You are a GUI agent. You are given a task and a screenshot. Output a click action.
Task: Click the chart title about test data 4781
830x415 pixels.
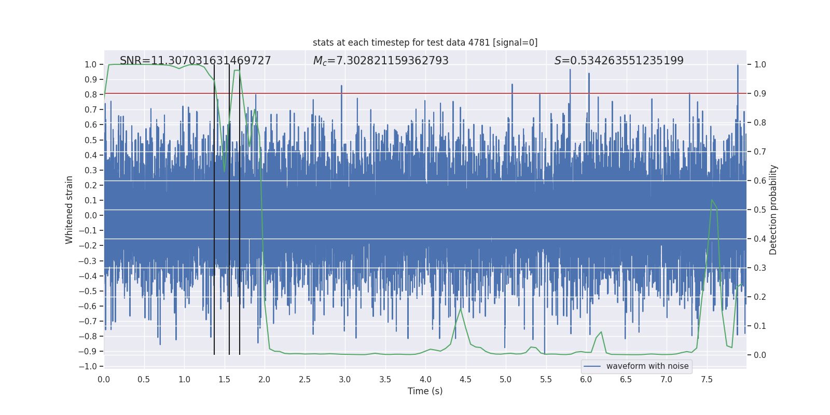coord(425,43)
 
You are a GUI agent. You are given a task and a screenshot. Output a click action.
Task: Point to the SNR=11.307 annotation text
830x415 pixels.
coord(195,61)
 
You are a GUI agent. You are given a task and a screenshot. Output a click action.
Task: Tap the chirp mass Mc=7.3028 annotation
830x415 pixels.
coord(381,61)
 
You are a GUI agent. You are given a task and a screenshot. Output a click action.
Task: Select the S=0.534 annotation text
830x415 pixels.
coord(619,61)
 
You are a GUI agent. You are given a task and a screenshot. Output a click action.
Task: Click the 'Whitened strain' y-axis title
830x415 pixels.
coord(70,210)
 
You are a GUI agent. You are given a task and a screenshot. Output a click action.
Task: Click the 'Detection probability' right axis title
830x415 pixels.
coord(773,210)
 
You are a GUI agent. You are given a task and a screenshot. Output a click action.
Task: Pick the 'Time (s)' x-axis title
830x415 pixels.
coord(425,391)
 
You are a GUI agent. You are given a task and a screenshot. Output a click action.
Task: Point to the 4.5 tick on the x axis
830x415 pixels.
coord(465,379)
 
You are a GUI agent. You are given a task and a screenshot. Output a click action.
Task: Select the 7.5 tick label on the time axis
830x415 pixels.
coord(707,379)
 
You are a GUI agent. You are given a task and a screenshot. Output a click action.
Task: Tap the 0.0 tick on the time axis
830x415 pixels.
coord(104,379)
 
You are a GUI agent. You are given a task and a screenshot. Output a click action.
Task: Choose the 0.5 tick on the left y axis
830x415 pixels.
coord(91,140)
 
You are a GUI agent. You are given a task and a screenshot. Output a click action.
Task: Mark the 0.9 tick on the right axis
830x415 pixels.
coord(760,94)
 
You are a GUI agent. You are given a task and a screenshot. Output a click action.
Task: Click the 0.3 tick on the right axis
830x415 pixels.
coord(760,268)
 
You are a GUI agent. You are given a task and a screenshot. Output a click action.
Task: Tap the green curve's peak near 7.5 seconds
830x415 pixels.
coord(712,200)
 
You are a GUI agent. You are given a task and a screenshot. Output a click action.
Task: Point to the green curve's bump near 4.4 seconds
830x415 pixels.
coord(460,309)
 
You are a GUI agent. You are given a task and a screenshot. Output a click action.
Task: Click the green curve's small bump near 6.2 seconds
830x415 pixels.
coord(601,332)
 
